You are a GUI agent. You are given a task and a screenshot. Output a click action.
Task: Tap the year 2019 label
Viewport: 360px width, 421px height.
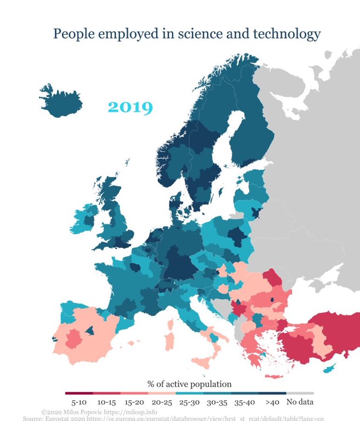pyautogui.click(x=130, y=106)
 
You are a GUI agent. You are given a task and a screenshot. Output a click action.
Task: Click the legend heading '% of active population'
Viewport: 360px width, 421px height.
pyautogui.click(x=189, y=384)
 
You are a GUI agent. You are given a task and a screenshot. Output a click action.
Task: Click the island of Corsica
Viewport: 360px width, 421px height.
pyautogui.click(x=172, y=317)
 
